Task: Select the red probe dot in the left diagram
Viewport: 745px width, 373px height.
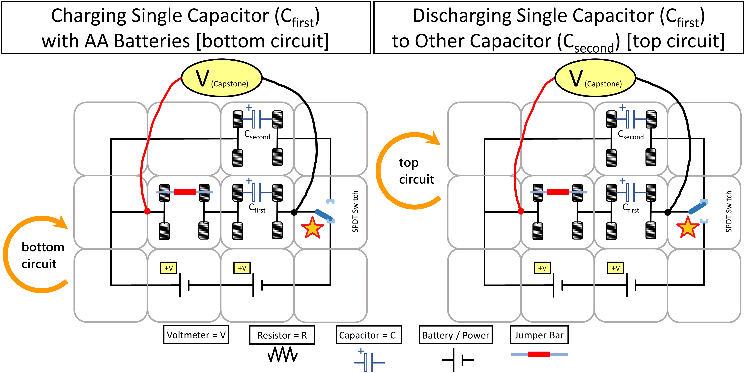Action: point(147,211)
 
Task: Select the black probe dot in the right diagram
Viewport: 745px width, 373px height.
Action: point(668,213)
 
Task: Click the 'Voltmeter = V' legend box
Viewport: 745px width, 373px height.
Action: point(196,335)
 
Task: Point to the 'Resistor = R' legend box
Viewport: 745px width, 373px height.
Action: point(282,335)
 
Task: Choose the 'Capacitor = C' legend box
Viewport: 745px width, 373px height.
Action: point(369,335)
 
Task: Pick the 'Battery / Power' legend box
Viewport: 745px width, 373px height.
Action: point(455,335)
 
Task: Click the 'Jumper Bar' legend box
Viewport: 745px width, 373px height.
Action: point(539,335)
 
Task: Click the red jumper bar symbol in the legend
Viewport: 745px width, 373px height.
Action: point(539,354)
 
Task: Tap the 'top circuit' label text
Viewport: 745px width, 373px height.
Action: point(416,171)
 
